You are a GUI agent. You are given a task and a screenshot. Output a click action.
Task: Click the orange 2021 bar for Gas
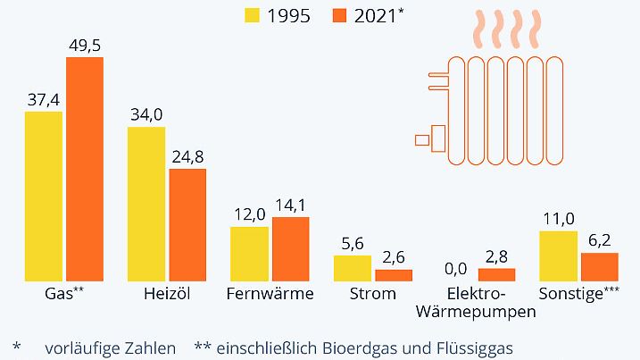85,170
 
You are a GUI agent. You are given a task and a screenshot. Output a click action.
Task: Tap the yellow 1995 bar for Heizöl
146,204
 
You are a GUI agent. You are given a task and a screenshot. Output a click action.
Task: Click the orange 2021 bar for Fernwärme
290,249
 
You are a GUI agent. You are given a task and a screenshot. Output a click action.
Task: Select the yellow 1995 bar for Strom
353,268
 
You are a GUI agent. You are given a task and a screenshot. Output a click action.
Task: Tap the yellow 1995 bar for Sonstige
559,255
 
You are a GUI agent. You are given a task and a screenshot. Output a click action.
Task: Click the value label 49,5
85,45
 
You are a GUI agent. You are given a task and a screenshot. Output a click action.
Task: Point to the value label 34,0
146,114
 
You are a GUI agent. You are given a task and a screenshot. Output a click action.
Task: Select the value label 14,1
290,205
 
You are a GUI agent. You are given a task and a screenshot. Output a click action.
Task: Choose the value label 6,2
600,240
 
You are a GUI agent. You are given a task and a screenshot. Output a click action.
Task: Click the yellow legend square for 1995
253,15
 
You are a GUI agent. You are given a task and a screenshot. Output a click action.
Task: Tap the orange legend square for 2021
340,15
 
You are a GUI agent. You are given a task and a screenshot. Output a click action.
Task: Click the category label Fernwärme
270,294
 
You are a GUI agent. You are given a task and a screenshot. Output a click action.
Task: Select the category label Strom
373,294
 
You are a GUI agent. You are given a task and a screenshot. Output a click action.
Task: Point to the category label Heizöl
167,294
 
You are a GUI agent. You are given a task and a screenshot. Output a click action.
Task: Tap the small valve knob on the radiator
422,139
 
